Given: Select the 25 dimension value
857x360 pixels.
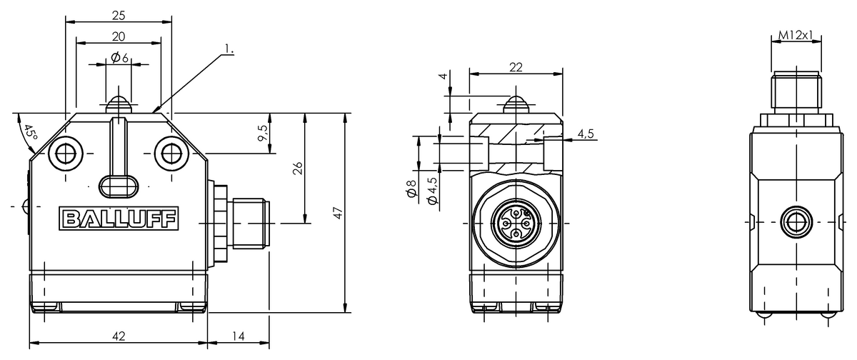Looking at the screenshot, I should tap(119, 14).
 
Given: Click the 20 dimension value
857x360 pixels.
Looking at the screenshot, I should tap(119, 36).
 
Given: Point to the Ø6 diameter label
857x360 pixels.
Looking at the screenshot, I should tap(119, 59).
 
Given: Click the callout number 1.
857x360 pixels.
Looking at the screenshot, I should tap(229, 50).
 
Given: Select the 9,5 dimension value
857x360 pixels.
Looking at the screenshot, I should tap(262, 133).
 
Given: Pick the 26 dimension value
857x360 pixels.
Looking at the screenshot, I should tap(298, 168).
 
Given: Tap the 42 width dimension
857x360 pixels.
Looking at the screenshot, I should tap(119, 336).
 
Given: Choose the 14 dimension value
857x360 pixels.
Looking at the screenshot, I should tap(239, 336).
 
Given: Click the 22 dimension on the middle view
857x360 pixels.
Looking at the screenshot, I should tap(516, 67).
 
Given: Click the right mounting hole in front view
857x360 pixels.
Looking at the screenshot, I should tap(170, 152).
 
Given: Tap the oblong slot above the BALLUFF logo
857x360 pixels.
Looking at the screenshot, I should tap(119, 186).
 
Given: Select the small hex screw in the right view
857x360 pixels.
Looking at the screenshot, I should tap(795, 223).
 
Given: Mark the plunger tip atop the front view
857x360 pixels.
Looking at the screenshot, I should tap(119, 102).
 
